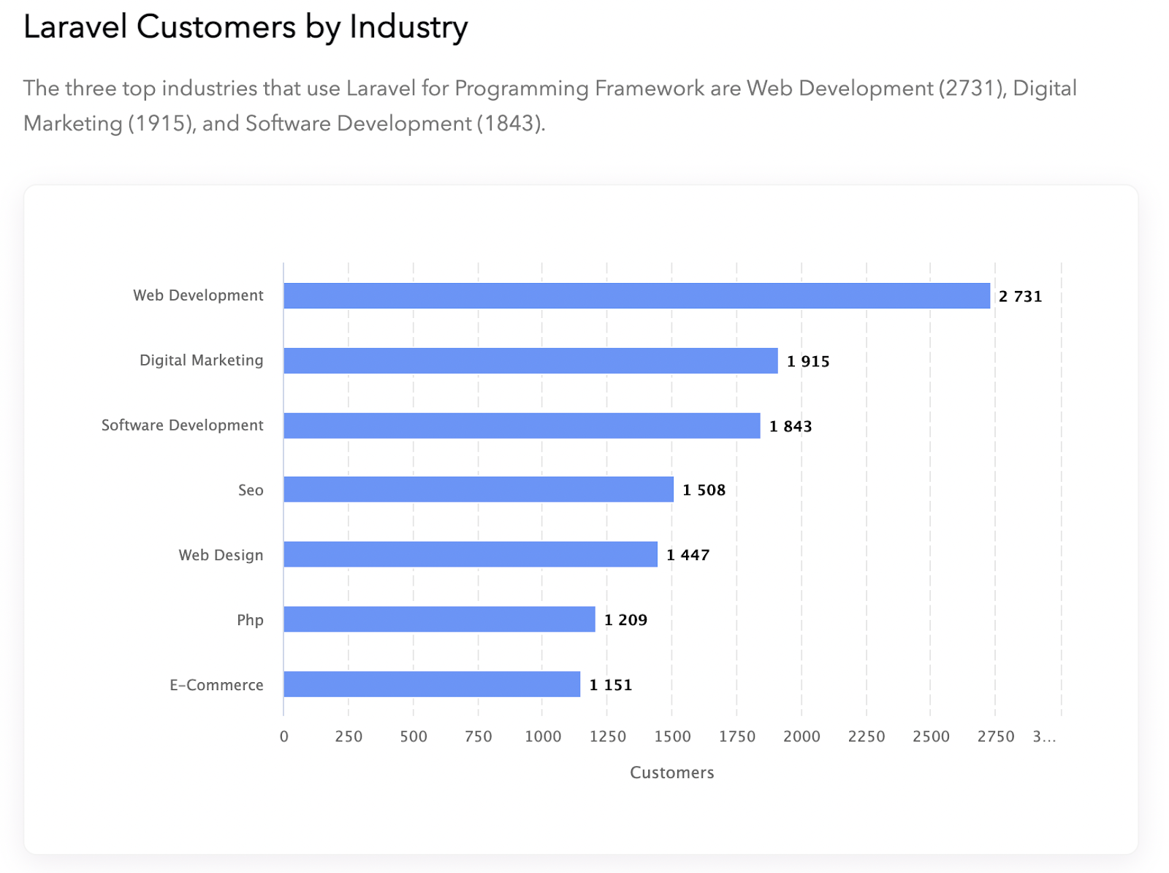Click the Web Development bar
pyautogui.click(x=636, y=296)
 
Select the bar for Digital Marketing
pyautogui.click(x=530, y=360)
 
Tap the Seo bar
pyautogui.click(x=479, y=489)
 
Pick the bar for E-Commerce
pyautogui.click(x=432, y=684)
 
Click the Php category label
pyautogui.click(x=250, y=620)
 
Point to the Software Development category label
pyautogui.click(x=182, y=426)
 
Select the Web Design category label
pyautogui.click(x=221, y=555)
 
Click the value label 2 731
pyautogui.click(x=1020, y=296)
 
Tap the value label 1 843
pyautogui.click(x=791, y=426)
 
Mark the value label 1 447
pyautogui.click(x=688, y=555)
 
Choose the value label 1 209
pyautogui.click(x=625, y=620)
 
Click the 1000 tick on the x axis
pyautogui.click(x=543, y=736)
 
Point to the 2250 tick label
pyautogui.click(x=867, y=736)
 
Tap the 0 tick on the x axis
pyautogui.click(x=284, y=736)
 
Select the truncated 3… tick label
pyautogui.click(x=1044, y=736)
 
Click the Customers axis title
pyautogui.click(x=671, y=773)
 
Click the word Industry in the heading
pyautogui.click(x=408, y=27)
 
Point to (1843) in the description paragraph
pyautogui.click(x=509, y=124)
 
